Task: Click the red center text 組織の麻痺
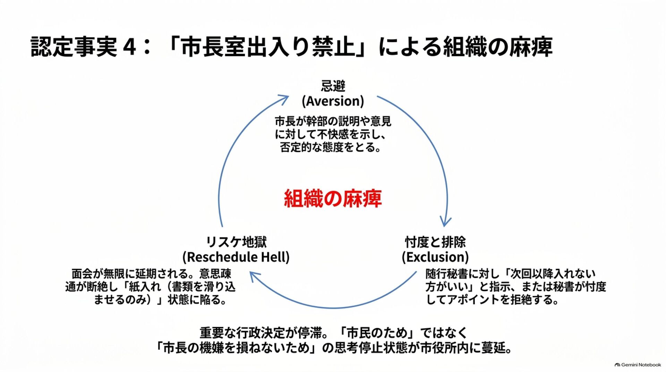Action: click(333, 198)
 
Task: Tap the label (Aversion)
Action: click(333, 101)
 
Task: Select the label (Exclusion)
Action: click(435, 257)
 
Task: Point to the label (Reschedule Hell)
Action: click(236, 257)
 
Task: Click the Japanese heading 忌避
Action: click(333, 86)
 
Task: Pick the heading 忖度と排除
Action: click(435, 242)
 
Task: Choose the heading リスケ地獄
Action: click(236, 242)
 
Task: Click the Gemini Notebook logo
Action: click(638, 365)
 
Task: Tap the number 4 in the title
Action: click(129, 47)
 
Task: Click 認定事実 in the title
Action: click(74, 47)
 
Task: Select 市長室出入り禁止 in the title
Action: click(268, 47)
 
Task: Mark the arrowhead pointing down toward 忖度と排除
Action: click(445, 222)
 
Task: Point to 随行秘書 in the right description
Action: click(447, 274)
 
